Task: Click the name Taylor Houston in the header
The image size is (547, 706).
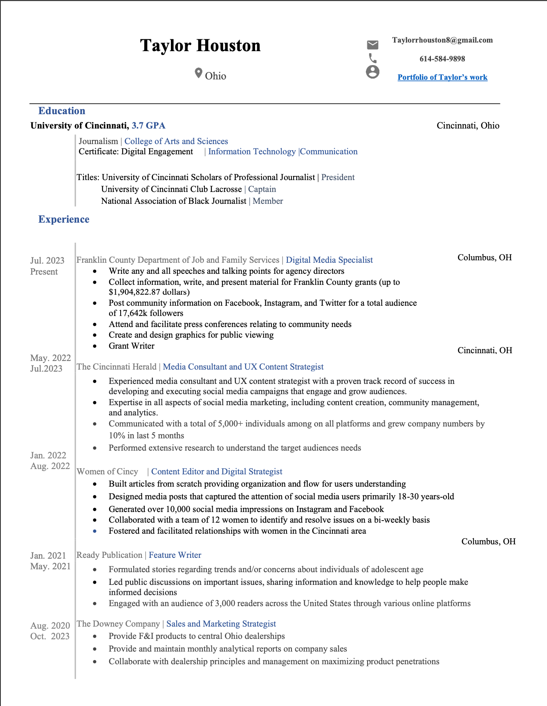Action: [200, 45]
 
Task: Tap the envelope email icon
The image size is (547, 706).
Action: [372, 45]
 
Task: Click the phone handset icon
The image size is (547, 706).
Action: [372, 58]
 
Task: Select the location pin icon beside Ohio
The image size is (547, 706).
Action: [198, 73]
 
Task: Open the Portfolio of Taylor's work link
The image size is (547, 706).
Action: [442, 77]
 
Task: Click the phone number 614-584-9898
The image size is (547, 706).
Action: [442, 59]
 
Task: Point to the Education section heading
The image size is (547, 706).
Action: [62, 111]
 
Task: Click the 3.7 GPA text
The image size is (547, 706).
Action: [148, 126]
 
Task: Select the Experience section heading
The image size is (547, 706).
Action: [64, 219]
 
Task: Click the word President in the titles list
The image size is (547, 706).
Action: [338, 177]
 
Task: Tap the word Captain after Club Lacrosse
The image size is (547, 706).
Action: [262, 189]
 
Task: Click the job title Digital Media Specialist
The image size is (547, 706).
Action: [329, 260]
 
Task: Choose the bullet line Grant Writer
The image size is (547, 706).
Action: [132, 346]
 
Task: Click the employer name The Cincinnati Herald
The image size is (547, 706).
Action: [117, 367]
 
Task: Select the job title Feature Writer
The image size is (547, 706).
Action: [175, 555]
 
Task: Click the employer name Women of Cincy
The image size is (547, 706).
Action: [108, 471]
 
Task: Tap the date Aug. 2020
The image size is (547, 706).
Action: [50, 625]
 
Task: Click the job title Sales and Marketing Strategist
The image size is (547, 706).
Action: [221, 624]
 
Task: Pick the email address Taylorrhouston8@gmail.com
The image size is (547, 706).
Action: [442, 40]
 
